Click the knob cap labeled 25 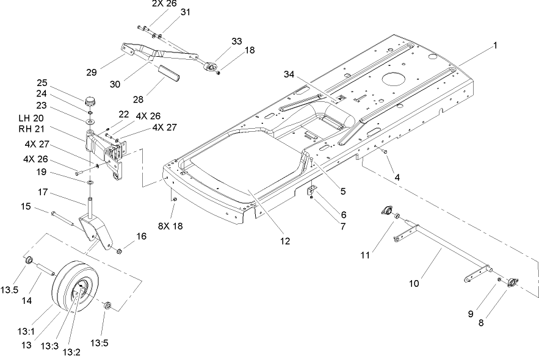pyautogui.click(x=91, y=100)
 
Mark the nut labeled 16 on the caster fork pyautogui.click(x=119, y=250)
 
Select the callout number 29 pyautogui.click(x=91, y=73)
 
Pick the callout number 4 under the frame pyautogui.click(x=397, y=177)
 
